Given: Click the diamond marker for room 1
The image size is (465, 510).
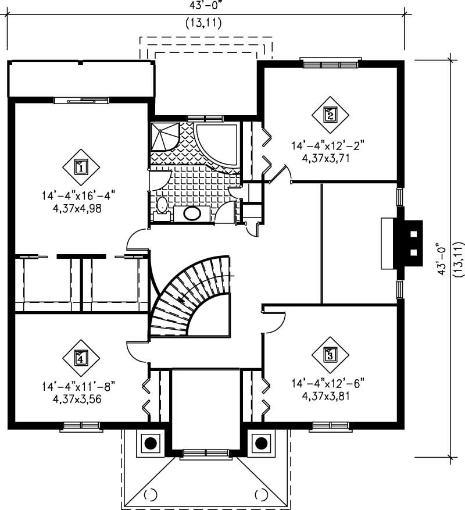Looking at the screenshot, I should pos(81,167).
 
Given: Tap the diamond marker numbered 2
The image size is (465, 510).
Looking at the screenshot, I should pos(330,114).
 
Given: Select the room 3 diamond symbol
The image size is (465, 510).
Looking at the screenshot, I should pos(330,354).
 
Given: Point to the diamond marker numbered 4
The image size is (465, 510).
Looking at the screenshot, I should pos(81,358).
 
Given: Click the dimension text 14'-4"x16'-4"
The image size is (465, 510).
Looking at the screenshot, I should pos(80,196).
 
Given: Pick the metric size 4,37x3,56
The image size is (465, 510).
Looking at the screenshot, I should pos(80,399).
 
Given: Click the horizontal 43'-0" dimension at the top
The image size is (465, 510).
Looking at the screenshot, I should pos(206,5).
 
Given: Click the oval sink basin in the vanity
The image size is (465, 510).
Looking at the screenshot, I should pos(192,213).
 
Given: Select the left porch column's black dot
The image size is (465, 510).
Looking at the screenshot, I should pos(150,443).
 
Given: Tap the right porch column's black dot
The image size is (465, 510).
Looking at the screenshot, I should pos(262,443).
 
